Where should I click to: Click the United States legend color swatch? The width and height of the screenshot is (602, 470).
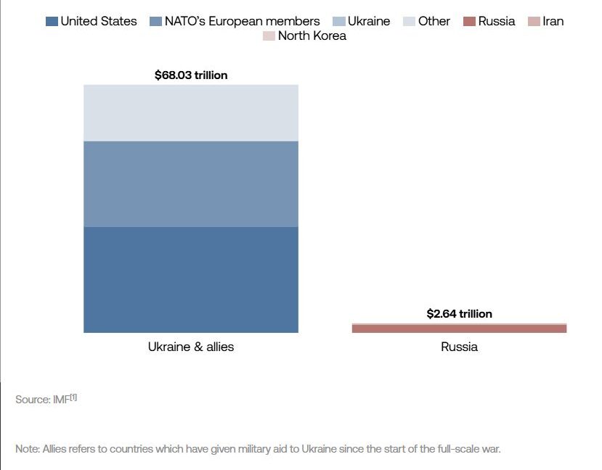[52, 21]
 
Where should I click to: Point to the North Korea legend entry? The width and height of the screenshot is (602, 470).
[304, 36]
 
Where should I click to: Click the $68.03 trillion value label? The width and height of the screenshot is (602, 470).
[191, 75]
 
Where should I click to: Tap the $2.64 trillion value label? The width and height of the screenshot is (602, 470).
[459, 314]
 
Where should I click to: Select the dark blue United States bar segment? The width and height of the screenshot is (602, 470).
[191, 279]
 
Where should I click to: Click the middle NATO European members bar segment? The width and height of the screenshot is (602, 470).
[191, 184]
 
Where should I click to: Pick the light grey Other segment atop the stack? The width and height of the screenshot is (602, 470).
[191, 112]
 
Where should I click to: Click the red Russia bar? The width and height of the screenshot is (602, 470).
[459, 329]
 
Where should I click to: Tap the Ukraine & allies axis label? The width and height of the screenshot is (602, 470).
[191, 347]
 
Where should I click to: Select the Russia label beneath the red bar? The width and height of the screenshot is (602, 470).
[459, 347]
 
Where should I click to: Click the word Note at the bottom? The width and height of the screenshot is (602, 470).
[27, 449]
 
